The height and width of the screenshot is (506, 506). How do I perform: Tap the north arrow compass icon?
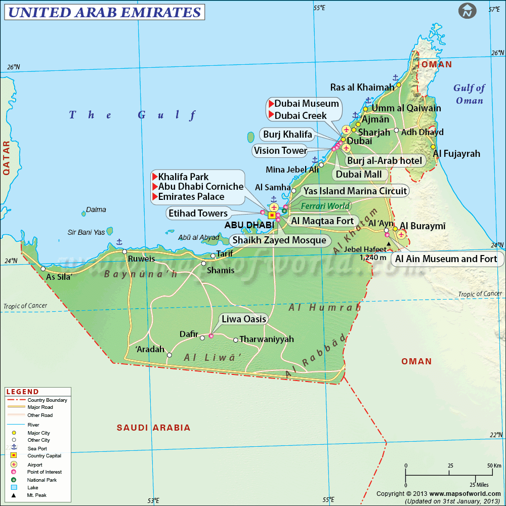468,11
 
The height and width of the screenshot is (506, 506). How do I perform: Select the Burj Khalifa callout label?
287,134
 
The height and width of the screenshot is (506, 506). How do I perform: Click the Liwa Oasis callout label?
243,319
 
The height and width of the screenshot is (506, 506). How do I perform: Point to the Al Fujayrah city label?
455,153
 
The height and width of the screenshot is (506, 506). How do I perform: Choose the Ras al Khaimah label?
362,87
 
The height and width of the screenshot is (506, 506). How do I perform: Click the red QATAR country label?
6,157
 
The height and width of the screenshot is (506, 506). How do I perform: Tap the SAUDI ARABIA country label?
153,428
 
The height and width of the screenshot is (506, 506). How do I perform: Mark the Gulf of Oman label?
469,94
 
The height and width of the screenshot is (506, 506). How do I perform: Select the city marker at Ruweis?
124,251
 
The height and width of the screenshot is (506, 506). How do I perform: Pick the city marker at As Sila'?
44,269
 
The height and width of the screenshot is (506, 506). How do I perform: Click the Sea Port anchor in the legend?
14,448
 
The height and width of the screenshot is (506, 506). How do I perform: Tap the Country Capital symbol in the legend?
14,456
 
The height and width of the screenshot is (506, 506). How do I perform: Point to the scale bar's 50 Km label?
494,466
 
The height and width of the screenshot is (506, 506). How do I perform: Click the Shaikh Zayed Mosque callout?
279,240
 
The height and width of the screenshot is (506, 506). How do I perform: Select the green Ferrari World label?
325,206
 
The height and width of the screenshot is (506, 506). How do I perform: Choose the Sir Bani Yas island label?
86,232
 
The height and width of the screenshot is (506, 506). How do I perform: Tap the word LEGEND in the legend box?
22,392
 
